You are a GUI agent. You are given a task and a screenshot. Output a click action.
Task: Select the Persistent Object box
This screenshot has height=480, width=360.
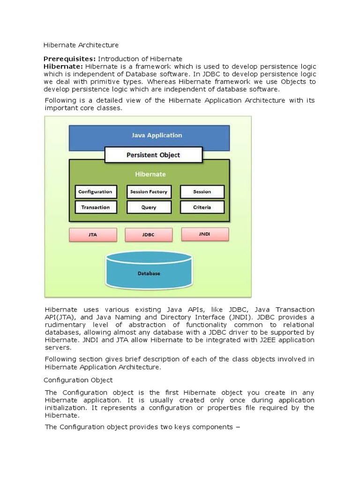[x=153, y=155]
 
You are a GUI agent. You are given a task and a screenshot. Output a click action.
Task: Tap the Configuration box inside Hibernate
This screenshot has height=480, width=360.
[x=95, y=192]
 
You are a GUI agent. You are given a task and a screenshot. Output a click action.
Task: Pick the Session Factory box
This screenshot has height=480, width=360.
[x=148, y=192]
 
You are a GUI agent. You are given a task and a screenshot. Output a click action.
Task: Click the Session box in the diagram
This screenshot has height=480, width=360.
[x=202, y=192]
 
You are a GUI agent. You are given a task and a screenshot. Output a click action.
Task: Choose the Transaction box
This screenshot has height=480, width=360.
[x=95, y=207]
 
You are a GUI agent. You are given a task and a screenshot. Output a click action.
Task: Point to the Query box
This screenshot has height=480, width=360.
[x=148, y=207]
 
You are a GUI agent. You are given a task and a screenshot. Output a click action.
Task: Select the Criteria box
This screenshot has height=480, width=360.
[x=202, y=207]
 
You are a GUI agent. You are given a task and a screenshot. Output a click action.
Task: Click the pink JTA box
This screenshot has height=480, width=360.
[x=93, y=235]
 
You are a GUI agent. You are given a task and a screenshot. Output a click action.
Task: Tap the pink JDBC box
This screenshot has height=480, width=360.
[x=148, y=235]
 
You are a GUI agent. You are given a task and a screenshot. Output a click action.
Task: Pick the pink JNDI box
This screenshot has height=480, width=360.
[x=204, y=233]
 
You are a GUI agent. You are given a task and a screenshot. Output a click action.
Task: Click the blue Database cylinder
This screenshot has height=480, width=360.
[x=149, y=271]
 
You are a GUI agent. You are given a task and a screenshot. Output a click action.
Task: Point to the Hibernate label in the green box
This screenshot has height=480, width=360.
[x=150, y=174]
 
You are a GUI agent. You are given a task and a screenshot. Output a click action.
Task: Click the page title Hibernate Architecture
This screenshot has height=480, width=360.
[x=81, y=45]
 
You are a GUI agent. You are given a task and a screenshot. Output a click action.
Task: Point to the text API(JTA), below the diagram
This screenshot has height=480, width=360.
[x=57, y=317]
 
